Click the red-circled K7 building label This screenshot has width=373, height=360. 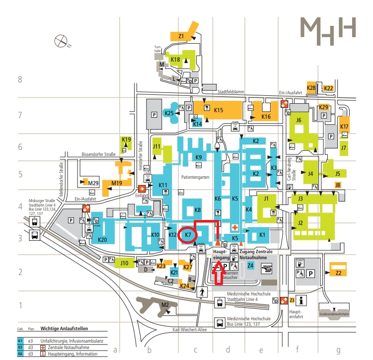coord(188,234)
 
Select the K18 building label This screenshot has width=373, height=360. coord(175,60)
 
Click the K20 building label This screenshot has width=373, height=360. coord(103,240)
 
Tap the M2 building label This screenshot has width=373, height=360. coord(165,304)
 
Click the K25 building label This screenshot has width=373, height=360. coord(169,113)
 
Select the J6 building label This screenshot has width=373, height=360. coord(298,120)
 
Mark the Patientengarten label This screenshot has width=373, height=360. coord(191,177)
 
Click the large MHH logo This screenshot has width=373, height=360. coord(328,29)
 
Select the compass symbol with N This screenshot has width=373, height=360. coord(63,40)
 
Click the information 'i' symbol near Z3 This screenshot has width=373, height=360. coord(301,300)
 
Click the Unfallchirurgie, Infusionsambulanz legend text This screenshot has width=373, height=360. coord(73,341)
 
